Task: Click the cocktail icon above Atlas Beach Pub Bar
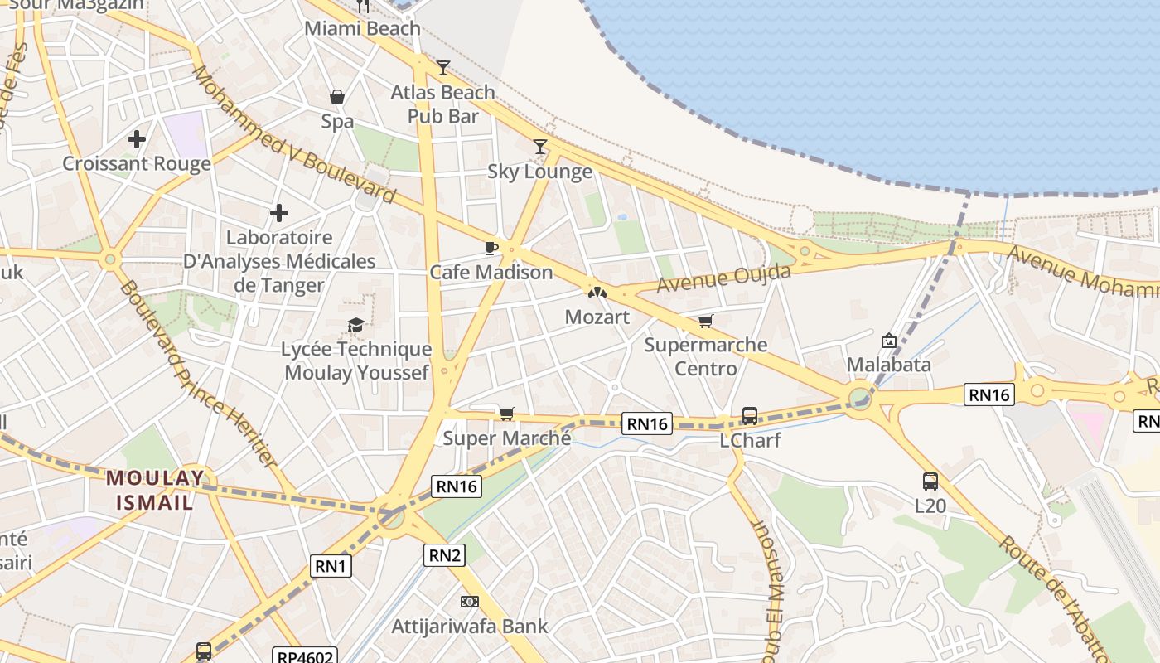point(443,68)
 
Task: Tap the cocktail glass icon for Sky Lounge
point(540,147)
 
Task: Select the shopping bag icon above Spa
point(337,97)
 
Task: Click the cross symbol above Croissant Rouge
point(137,139)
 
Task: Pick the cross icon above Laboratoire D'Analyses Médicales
point(279,213)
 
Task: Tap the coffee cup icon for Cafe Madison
point(491,248)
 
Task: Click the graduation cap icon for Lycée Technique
point(356,325)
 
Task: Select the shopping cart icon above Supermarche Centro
point(705,321)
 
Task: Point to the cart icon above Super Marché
point(507,414)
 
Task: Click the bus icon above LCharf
point(750,415)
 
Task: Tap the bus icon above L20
point(930,481)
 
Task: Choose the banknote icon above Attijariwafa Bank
point(470,602)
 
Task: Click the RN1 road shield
point(331,566)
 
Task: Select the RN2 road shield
point(445,555)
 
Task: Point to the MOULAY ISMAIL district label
point(155,490)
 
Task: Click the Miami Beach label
point(363,28)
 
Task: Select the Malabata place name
point(889,365)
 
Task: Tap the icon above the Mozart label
point(597,292)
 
